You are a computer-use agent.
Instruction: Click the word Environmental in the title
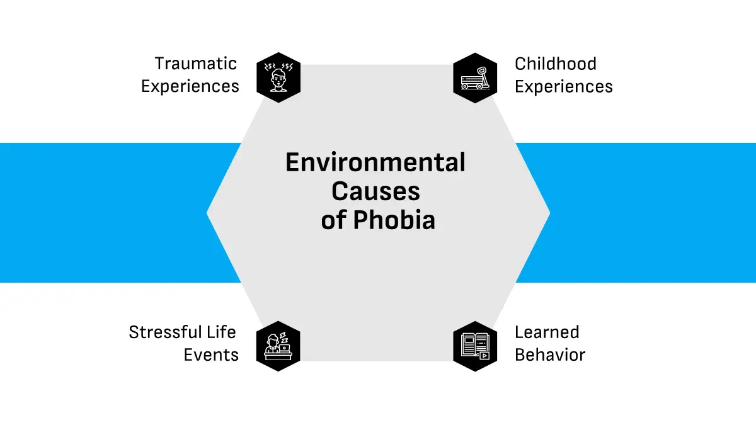click(x=375, y=162)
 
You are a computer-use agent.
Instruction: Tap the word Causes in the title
click(x=375, y=191)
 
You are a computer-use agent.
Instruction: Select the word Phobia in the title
click(x=394, y=221)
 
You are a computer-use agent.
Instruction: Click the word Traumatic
click(x=196, y=64)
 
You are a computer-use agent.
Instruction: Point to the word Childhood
click(x=555, y=64)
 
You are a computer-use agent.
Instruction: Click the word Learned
click(x=547, y=332)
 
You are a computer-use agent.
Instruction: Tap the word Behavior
click(x=550, y=355)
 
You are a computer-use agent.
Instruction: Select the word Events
click(x=211, y=355)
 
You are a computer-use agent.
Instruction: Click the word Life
click(x=221, y=332)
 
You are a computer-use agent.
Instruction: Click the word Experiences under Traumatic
click(x=190, y=86)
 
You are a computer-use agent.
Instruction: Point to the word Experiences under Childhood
click(x=564, y=86)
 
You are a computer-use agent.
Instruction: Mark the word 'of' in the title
click(x=333, y=221)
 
